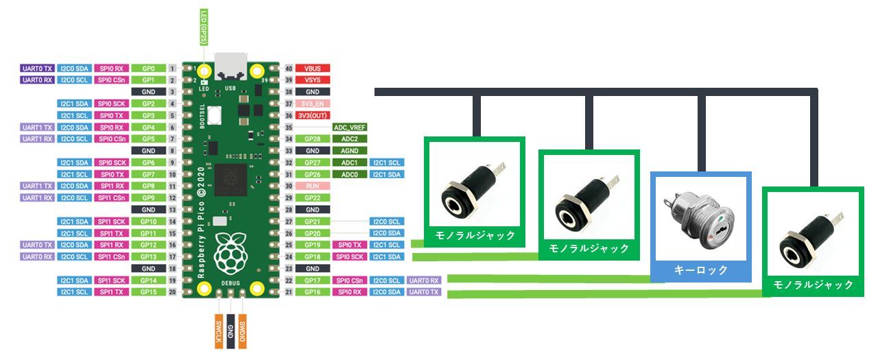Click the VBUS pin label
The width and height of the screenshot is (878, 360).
313,69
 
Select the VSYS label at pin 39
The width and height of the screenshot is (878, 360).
313,80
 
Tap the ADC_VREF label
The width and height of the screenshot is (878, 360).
349,128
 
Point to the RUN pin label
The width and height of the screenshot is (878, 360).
313,186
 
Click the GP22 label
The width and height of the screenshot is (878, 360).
313,197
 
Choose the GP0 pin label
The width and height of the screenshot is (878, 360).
147,69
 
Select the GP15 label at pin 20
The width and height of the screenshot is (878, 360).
147,292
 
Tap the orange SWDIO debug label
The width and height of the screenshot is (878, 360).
243,331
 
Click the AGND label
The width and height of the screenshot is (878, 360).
349,151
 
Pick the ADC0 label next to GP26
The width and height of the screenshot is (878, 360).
349,174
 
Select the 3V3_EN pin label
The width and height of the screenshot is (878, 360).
313,104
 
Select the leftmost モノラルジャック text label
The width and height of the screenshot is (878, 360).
475,235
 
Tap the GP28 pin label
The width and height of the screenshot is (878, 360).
313,139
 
